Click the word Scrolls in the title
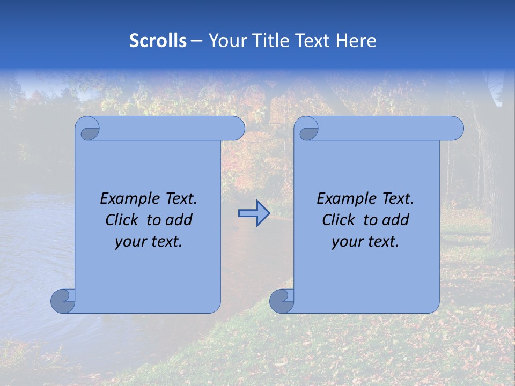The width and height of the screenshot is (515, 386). point(158,41)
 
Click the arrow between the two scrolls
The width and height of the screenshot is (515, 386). point(254,213)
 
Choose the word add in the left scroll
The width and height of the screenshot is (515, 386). point(179,220)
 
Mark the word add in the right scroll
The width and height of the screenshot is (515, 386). point(395,220)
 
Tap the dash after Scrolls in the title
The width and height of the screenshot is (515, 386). point(197,41)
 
